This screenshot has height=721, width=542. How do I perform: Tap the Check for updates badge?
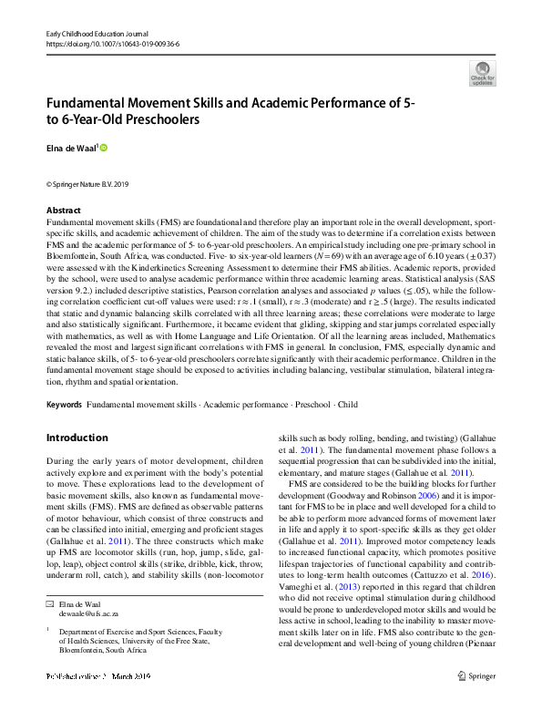coord(482,73)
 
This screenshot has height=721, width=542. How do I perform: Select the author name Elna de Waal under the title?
coord(70,148)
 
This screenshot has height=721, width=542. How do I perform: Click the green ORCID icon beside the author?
coord(104,147)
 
